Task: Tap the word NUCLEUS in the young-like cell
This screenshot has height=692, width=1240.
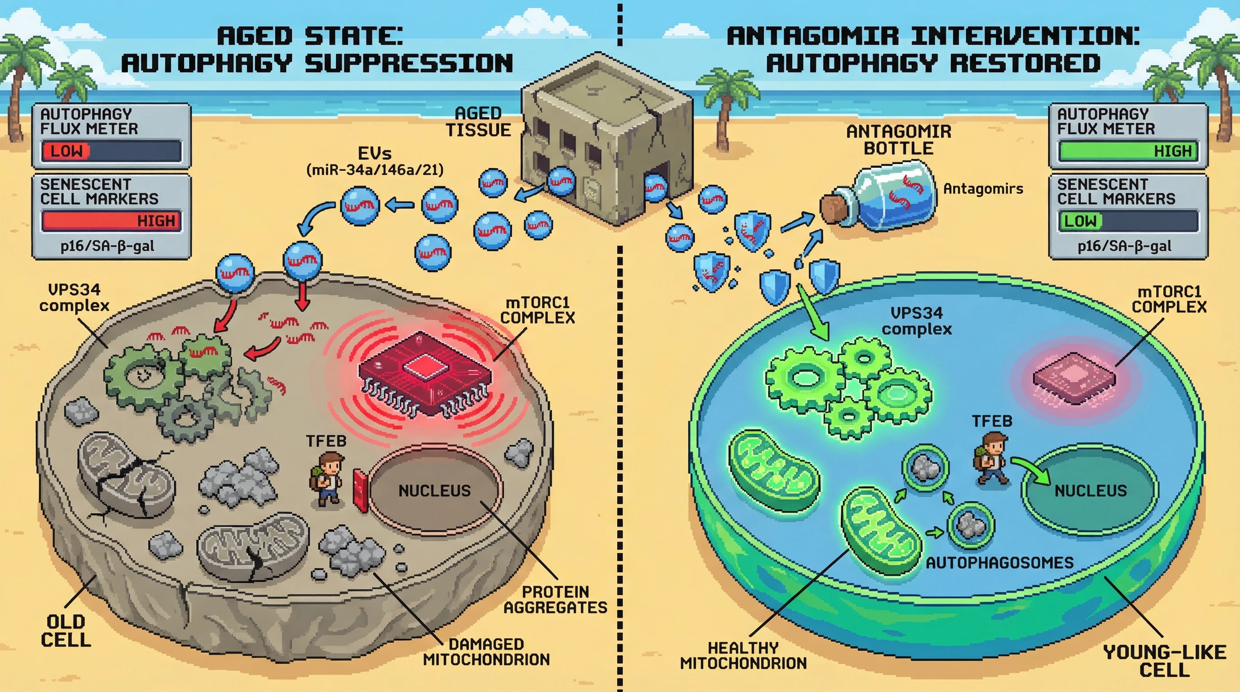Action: point(1090,491)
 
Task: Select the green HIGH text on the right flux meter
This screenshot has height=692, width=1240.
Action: point(1172,151)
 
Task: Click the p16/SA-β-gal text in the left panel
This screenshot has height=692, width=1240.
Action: point(107,246)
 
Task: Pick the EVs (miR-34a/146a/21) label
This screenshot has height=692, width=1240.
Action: point(374,162)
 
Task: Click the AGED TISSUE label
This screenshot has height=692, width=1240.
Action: point(478,122)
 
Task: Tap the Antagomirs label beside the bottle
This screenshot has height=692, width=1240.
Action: point(983,189)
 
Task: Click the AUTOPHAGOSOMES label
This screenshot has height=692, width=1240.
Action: point(999,563)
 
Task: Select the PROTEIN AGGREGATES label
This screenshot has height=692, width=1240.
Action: point(555,600)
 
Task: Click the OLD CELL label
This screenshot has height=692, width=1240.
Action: point(66,631)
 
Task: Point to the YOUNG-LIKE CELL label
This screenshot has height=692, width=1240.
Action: point(1164,661)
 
